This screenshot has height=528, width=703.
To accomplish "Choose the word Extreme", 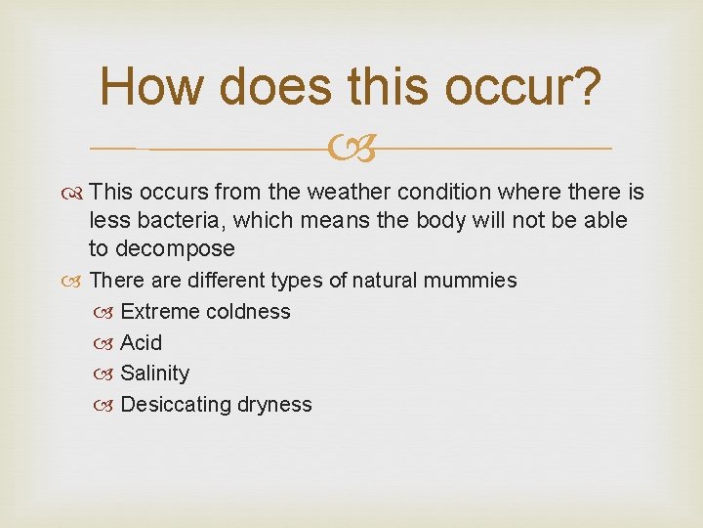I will [160, 312].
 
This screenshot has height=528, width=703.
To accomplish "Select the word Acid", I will [142, 343].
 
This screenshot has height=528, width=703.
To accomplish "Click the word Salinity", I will [155, 374].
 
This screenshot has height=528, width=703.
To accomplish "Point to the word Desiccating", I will [175, 405].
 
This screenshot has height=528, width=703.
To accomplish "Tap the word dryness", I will [274, 405].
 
